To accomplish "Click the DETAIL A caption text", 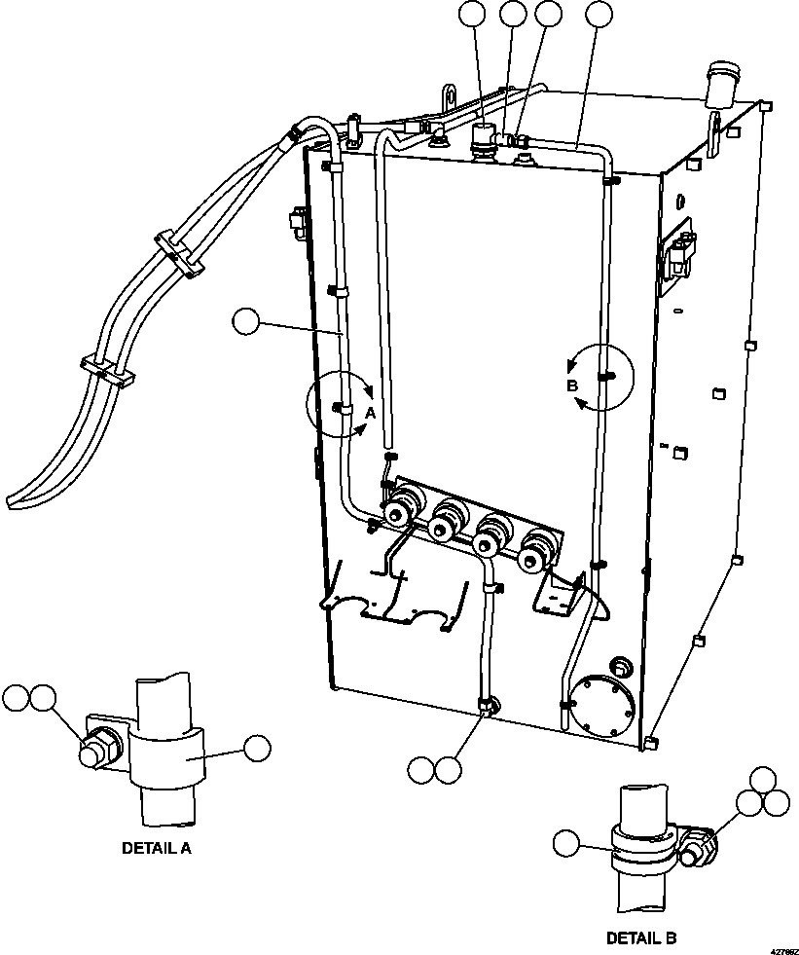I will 156,848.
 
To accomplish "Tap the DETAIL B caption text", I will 640,938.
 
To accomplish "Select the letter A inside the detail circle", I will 370,413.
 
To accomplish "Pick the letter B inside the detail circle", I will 573,386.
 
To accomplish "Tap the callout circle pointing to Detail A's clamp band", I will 257,748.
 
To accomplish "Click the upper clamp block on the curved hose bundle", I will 178,252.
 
